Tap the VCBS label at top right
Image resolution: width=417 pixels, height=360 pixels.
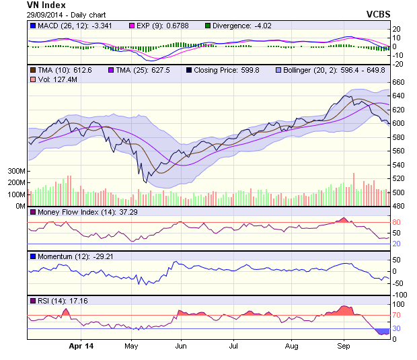[379, 13]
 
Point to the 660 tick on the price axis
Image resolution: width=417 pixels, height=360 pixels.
[399, 82]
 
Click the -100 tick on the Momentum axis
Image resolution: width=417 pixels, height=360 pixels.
[400, 295]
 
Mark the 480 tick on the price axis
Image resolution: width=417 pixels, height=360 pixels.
[399, 206]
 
